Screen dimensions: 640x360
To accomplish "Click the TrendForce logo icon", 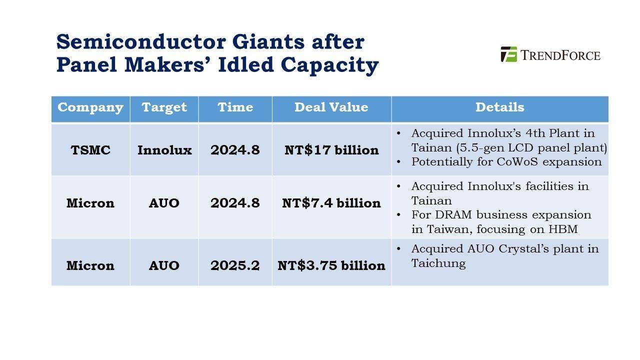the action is [509, 54].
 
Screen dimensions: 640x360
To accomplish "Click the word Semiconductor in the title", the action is [141, 42].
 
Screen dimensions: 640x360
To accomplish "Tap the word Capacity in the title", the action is [329, 65].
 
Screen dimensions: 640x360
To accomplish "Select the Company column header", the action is [90, 107].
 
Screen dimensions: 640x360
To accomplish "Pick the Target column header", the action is [164, 107].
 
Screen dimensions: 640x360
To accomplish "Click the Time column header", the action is [235, 107].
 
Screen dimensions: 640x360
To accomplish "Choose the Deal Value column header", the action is [331, 107].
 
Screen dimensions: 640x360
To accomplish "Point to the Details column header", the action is [499, 107].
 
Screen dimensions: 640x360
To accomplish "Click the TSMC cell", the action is [90, 150].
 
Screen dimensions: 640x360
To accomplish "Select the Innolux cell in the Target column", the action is [164, 150].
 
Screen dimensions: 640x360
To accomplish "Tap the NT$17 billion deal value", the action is [331, 150].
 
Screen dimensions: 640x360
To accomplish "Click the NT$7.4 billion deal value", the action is [331, 203].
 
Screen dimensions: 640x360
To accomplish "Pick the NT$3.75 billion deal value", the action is [331, 265].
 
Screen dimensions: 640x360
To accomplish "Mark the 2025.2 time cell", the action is [235, 265].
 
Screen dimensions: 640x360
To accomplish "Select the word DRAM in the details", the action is [453, 215].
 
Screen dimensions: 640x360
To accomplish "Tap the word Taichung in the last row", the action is [438, 263].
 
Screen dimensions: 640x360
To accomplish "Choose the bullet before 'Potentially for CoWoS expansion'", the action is [398, 162].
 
